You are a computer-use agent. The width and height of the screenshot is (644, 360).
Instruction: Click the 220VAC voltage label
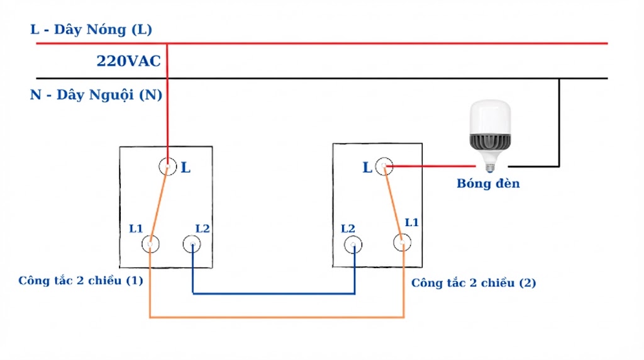tap(128, 61)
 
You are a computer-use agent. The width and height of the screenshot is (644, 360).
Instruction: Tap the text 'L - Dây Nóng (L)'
tap(91, 30)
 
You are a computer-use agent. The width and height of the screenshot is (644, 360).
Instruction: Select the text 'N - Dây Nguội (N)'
tap(96, 95)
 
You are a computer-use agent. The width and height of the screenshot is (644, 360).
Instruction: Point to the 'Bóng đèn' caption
tap(488, 184)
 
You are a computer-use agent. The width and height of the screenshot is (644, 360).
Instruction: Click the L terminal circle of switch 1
tap(167, 167)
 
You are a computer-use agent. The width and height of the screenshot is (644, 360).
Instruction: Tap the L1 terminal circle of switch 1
tap(150, 244)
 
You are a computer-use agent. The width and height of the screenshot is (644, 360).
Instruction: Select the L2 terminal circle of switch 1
tap(192, 244)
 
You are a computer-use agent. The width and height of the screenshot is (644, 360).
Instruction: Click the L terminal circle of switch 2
tap(384, 167)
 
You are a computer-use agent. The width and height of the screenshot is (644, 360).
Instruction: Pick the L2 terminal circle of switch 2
tap(354, 244)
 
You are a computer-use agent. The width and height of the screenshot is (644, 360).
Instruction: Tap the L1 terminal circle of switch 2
tap(402, 242)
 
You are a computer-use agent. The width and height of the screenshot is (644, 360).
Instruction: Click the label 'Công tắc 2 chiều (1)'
tap(80, 280)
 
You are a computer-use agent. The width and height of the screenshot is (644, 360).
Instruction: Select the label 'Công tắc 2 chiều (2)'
tap(474, 283)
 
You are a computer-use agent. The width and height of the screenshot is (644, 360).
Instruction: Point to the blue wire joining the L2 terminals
tap(274, 293)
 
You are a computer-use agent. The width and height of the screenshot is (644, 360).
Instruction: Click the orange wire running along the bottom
tap(277, 317)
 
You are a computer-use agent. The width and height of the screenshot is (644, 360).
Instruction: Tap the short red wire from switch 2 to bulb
tap(434, 167)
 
